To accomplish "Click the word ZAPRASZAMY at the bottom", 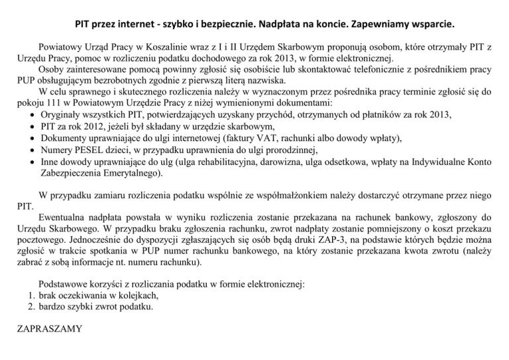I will click(46, 328).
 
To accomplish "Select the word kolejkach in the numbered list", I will click(139, 296).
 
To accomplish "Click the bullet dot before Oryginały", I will click(32, 115).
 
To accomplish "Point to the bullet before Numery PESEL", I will click(32, 150).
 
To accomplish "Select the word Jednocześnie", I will click(82, 239).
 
